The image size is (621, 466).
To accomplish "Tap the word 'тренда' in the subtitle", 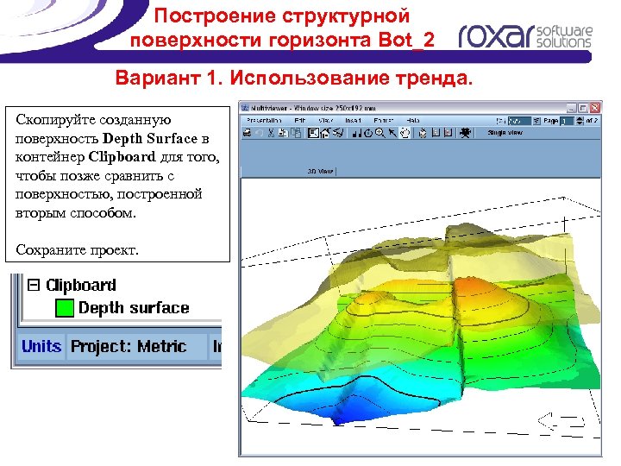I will [x=437, y=80].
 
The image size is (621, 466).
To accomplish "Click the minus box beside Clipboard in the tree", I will [x=34, y=285].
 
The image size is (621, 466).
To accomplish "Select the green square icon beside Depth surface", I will [x=63, y=308].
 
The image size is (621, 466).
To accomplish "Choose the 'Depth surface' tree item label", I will [x=134, y=308].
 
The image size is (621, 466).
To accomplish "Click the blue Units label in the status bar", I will [x=41, y=346].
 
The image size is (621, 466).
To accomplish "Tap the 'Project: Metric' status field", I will [x=129, y=346].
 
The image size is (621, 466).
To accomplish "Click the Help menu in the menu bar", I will [x=414, y=120].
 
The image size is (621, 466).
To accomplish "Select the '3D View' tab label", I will [x=321, y=171].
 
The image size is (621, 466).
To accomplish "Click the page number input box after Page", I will [x=567, y=121].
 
